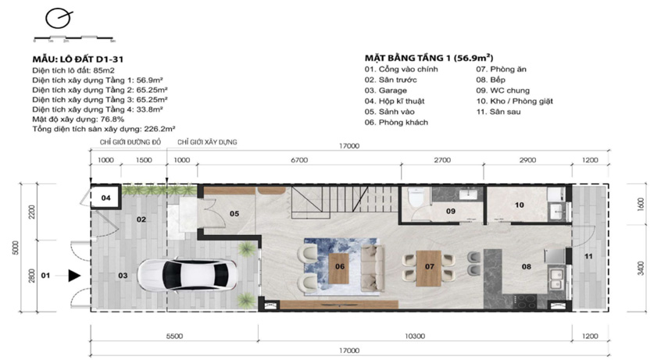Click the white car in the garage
[x=188, y=274]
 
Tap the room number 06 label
[x=340, y=266]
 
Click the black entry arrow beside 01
[x=74, y=276]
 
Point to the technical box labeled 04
[x=105, y=198]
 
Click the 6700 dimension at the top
[x=299, y=160]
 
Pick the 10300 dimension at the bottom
[x=415, y=337]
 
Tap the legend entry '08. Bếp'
[x=491, y=80]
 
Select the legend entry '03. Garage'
[x=386, y=91]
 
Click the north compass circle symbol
[x=58, y=19]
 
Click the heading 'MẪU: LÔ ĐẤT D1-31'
[x=78, y=59]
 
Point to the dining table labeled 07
[x=429, y=268]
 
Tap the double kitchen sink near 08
[x=556, y=279]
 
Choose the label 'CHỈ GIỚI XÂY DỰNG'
[x=207, y=142]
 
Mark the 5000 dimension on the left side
[x=16, y=248]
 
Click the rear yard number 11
[x=588, y=256]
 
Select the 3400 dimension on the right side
[x=641, y=269]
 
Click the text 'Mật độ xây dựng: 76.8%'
[x=78, y=119]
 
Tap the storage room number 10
[x=519, y=205]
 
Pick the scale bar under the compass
[x=73, y=38]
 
